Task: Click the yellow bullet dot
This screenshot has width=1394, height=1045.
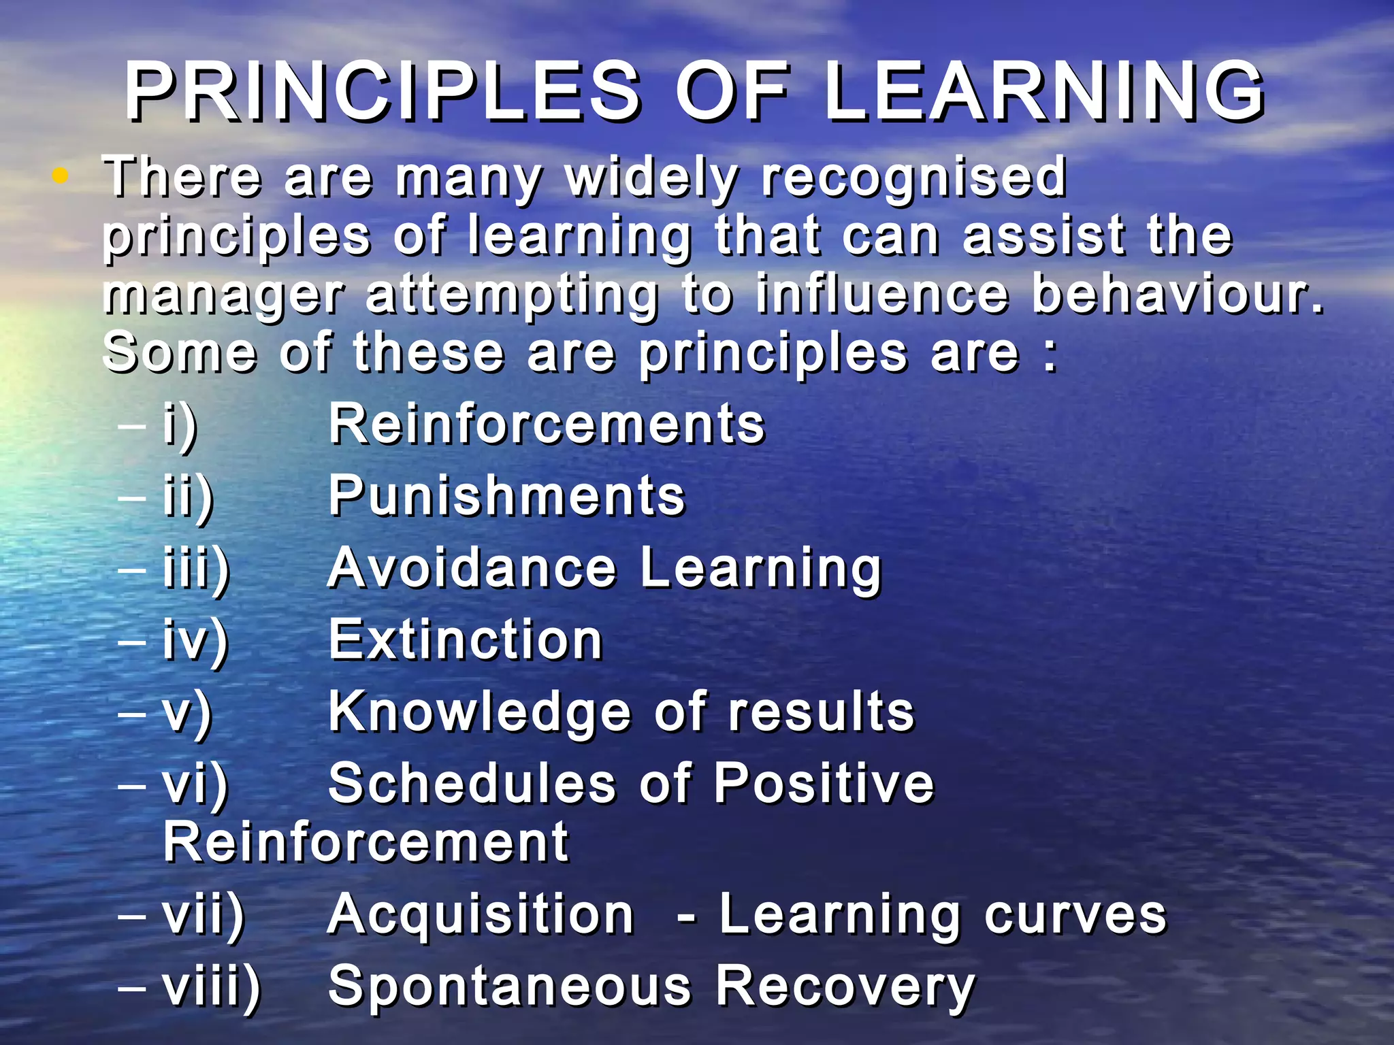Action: pos(61,176)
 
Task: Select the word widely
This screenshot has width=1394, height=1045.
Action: pos(652,178)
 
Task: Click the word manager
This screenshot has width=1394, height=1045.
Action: pos(225,296)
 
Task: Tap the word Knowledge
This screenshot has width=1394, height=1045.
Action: pos(480,713)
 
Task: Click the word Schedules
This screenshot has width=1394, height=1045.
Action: pos(472,783)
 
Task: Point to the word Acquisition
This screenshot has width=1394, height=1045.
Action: pos(481,915)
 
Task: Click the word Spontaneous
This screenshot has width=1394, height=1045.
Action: pos(509,987)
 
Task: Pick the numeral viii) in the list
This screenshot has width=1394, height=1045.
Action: pos(212,987)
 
